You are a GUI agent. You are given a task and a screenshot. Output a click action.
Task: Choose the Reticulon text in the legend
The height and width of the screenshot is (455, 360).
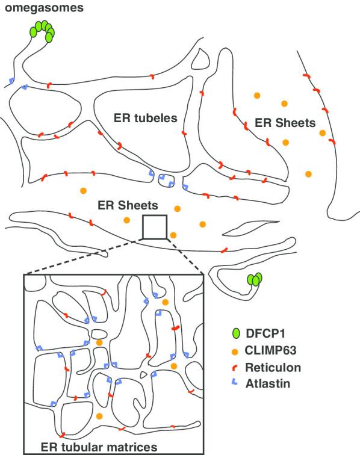273,367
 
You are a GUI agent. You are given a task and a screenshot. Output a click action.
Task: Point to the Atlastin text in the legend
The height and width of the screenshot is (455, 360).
269,383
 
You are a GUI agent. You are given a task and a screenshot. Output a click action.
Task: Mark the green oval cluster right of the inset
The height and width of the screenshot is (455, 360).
256,279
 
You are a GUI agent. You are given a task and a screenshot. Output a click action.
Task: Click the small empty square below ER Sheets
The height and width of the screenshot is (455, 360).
154,227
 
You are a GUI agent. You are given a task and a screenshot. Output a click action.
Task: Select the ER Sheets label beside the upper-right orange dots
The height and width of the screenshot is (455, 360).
285,123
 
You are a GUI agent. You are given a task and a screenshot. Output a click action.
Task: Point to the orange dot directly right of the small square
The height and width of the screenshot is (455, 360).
173,235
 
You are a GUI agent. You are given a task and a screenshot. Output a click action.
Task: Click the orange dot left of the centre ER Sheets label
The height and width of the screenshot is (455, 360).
82,191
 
